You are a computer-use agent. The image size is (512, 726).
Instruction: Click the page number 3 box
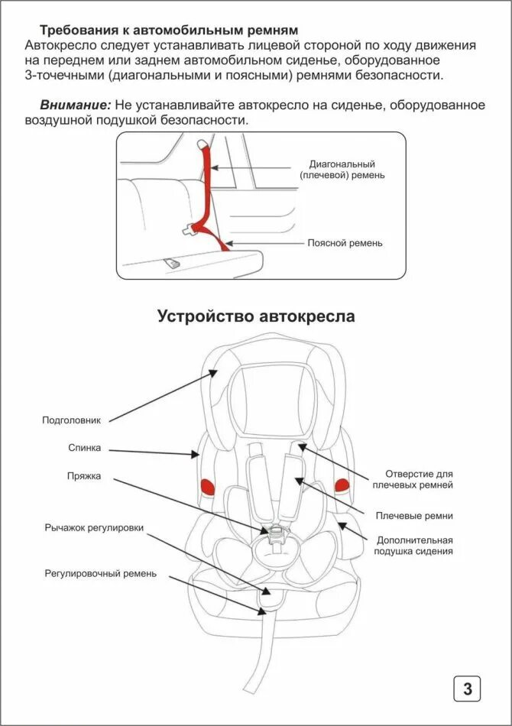[467, 689]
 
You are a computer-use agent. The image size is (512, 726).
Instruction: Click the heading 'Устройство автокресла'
[256, 316]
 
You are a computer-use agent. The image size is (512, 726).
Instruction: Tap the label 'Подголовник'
[71, 420]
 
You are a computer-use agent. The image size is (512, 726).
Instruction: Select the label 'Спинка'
[83, 449]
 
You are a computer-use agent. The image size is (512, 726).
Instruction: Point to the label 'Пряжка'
[83, 476]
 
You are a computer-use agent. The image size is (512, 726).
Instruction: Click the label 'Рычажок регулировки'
[93, 527]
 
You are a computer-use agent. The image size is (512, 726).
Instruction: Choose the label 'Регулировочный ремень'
[101, 573]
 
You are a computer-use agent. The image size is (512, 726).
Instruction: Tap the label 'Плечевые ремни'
[413, 516]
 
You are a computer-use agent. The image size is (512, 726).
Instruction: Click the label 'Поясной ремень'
[345, 243]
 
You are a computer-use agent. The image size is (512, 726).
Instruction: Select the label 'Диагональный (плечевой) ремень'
[342, 170]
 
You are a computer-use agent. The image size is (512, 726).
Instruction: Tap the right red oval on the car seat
[341, 484]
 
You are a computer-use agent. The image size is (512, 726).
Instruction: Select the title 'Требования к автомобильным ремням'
[168, 30]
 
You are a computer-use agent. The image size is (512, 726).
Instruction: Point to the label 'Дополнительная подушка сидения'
[413, 545]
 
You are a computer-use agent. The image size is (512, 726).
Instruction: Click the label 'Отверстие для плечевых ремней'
[413, 480]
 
